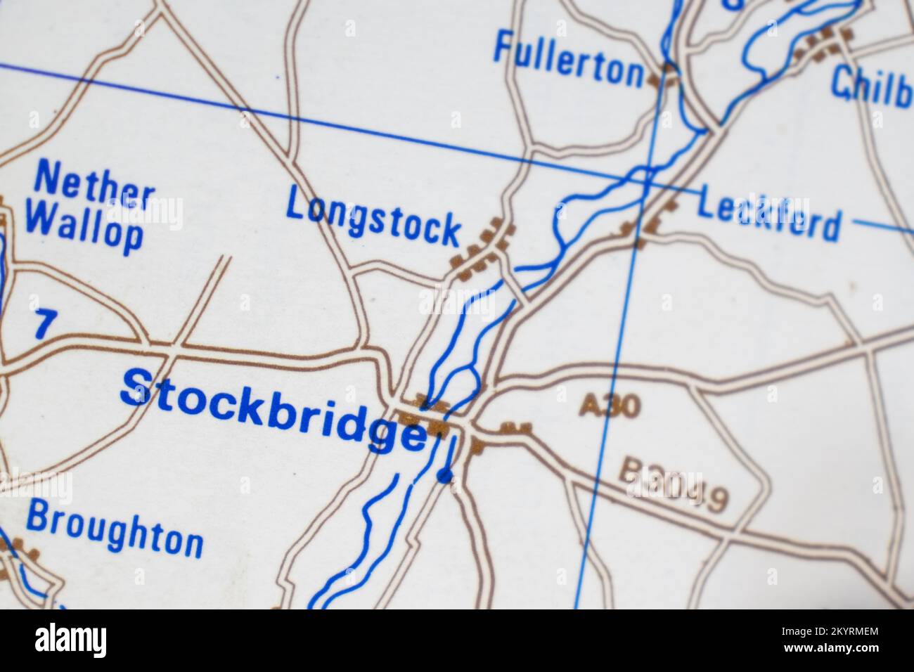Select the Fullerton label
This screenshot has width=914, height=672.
coord(568,59)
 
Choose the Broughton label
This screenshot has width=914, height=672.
coord(115,531)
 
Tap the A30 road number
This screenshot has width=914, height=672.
coord(610,406)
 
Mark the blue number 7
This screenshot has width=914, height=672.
coord(44,324)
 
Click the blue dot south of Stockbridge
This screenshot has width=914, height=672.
coord(444,477)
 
